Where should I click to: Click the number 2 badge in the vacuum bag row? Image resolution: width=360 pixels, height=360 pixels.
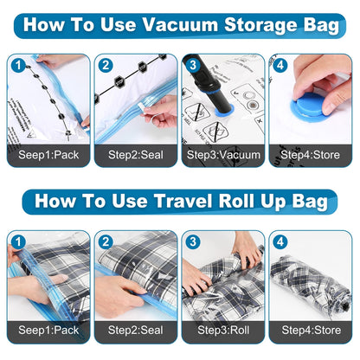[x=106, y=64]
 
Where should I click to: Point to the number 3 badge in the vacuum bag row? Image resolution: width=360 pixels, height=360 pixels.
[x=191, y=64]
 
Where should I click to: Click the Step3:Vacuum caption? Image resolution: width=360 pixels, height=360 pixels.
[x=222, y=158]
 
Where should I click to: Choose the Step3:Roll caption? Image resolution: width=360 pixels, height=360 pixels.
[x=222, y=330]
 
